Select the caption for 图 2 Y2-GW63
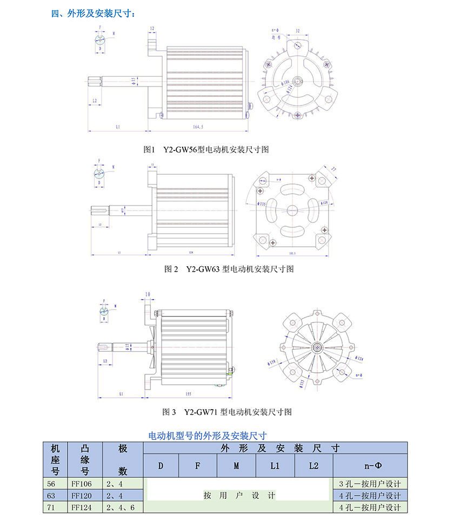(x=228, y=269)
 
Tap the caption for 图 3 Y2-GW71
(x=227, y=412)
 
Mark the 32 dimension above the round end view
(x=298, y=31)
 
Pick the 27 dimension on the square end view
(x=333, y=170)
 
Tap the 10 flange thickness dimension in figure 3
(x=148, y=294)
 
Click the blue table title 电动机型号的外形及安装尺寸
(x=207, y=434)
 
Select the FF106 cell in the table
(x=82, y=483)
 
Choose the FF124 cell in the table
(x=82, y=508)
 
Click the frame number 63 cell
(x=52, y=495)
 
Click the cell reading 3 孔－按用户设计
(x=370, y=483)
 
